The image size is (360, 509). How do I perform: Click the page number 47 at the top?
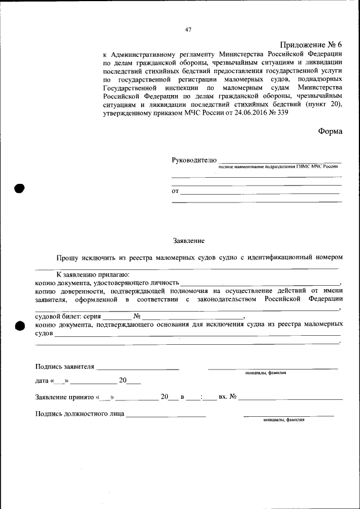(188, 30)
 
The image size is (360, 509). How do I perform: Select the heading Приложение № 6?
(310, 44)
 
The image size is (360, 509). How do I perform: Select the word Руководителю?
(193, 160)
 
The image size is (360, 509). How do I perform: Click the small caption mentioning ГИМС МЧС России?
(278, 168)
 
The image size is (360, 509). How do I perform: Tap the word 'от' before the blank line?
(175, 191)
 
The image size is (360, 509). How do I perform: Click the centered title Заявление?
(188, 241)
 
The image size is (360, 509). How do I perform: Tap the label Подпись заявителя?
(64, 367)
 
